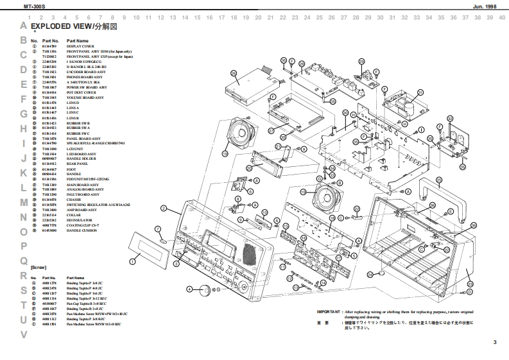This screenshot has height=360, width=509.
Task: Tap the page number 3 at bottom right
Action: coord(494,341)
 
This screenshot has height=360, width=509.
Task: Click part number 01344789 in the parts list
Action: coord(49,47)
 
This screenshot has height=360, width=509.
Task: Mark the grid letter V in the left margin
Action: coord(23,334)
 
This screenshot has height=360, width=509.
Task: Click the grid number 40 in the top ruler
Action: coord(501,17)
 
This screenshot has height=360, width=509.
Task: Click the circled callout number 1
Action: coord(132,261)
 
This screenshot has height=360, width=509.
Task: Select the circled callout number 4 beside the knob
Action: coord(189,289)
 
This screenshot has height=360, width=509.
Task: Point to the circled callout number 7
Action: coord(157,228)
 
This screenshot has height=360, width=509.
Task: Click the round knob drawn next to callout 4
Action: coord(205,290)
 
